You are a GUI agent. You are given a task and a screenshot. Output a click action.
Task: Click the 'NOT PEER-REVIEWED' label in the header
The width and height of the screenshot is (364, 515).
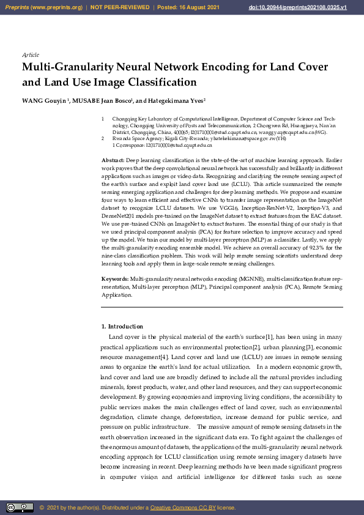click(119, 7)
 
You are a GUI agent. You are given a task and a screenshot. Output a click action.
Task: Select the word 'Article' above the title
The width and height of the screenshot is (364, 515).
click(31, 55)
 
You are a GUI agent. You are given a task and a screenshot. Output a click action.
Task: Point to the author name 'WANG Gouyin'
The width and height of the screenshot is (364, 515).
click(44, 100)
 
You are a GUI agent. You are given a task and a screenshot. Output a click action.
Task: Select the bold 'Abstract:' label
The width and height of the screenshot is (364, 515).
click(113, 160)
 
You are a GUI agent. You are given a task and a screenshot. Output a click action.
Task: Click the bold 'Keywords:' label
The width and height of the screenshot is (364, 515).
click(115, 279)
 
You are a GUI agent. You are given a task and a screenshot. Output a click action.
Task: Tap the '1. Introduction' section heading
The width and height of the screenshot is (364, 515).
click(122, 327)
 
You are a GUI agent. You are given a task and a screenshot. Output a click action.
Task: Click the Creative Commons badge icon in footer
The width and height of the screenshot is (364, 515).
click(20, 507)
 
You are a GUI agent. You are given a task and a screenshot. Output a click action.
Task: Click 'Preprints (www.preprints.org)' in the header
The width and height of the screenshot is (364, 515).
click(43, 7)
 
